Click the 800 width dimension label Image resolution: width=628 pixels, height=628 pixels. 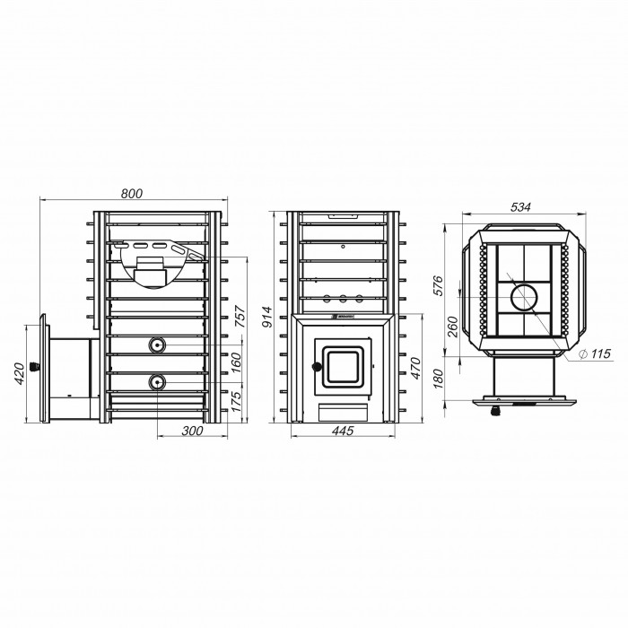[132, 194]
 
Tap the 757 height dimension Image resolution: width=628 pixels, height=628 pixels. [240, 317]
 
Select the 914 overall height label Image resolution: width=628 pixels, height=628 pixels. [267, 317]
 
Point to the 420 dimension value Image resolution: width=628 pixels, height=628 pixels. [19, 373]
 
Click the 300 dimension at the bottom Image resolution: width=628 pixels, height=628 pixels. [192, 431]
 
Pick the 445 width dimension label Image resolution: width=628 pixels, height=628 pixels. [343, 431]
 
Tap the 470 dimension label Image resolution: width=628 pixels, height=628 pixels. [415, 368]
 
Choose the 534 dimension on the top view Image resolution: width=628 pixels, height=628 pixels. [520, 207]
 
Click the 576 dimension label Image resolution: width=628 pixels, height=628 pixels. [439, 285]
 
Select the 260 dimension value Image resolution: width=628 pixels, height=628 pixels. [451, 327]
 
